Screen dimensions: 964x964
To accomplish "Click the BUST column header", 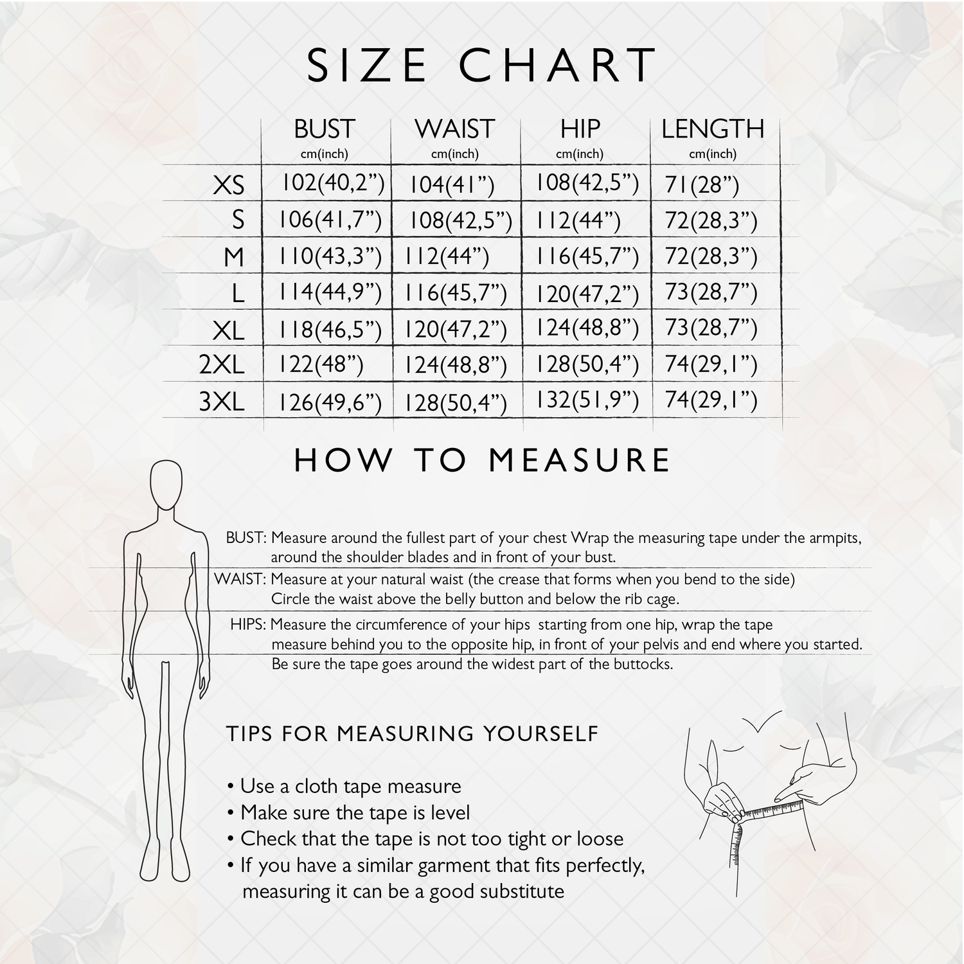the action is pos(325,129).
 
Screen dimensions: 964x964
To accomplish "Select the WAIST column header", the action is pos(455,129).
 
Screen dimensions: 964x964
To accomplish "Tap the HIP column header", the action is pos(580,129).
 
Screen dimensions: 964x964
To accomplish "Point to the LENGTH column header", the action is pos(713,129).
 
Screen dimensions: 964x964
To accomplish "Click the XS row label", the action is pos(229,186).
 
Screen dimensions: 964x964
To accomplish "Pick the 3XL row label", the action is pos(222,402).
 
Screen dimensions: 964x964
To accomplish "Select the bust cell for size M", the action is pos(330,257).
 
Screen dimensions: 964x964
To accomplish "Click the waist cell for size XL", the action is pos(456,330).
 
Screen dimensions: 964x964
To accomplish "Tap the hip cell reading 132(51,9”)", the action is pos(587,400).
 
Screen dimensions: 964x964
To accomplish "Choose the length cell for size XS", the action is pos(702,186).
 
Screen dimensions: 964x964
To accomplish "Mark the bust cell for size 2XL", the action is pos(321,365).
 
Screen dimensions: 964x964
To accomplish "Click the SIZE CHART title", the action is pos(481,65).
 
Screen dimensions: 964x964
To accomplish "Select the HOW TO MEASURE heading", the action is pos(482,461).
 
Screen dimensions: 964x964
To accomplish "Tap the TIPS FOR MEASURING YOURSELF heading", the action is pos(412,733).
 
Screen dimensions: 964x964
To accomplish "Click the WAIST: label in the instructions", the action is pos(240,579).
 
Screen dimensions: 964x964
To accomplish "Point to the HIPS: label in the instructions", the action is pos(249,624).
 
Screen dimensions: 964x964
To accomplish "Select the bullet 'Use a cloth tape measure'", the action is pos(344,787).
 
